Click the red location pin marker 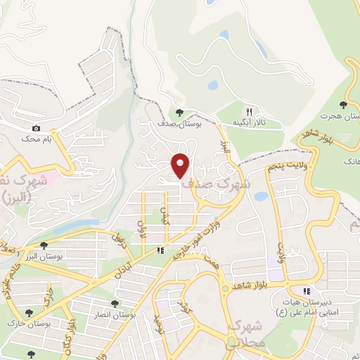coord(181,165)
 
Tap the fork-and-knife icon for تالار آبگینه coord(248,111)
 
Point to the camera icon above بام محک coord(37,129)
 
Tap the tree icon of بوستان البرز coord(44,245)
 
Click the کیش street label coord(166,215)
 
